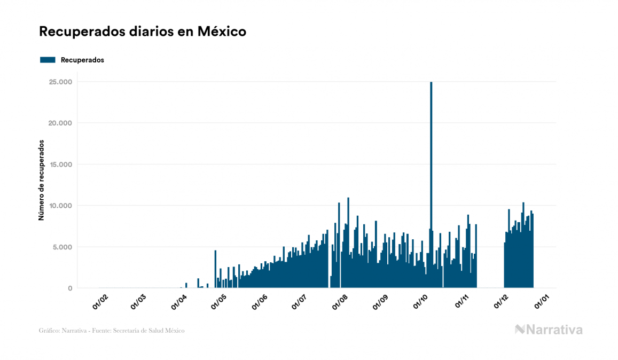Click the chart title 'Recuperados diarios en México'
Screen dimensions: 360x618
(x=142, y=32)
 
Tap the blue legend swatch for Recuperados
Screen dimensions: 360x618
(x=48, y=60)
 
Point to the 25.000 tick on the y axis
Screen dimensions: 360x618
(x=60, y=82)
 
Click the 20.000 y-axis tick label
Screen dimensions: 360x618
(x=60, y=123)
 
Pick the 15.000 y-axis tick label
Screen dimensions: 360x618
(x=60, y=165)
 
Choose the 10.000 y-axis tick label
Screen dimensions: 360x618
(x=60, y=206)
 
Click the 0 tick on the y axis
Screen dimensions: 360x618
(x=69, y=288)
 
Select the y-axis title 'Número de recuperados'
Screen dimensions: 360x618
(x=41, y=180)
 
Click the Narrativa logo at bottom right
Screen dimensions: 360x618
(x=549, y=330)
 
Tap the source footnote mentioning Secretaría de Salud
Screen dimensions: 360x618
(x=112, y=331)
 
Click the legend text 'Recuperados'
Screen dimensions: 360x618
(x=82, y=60)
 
